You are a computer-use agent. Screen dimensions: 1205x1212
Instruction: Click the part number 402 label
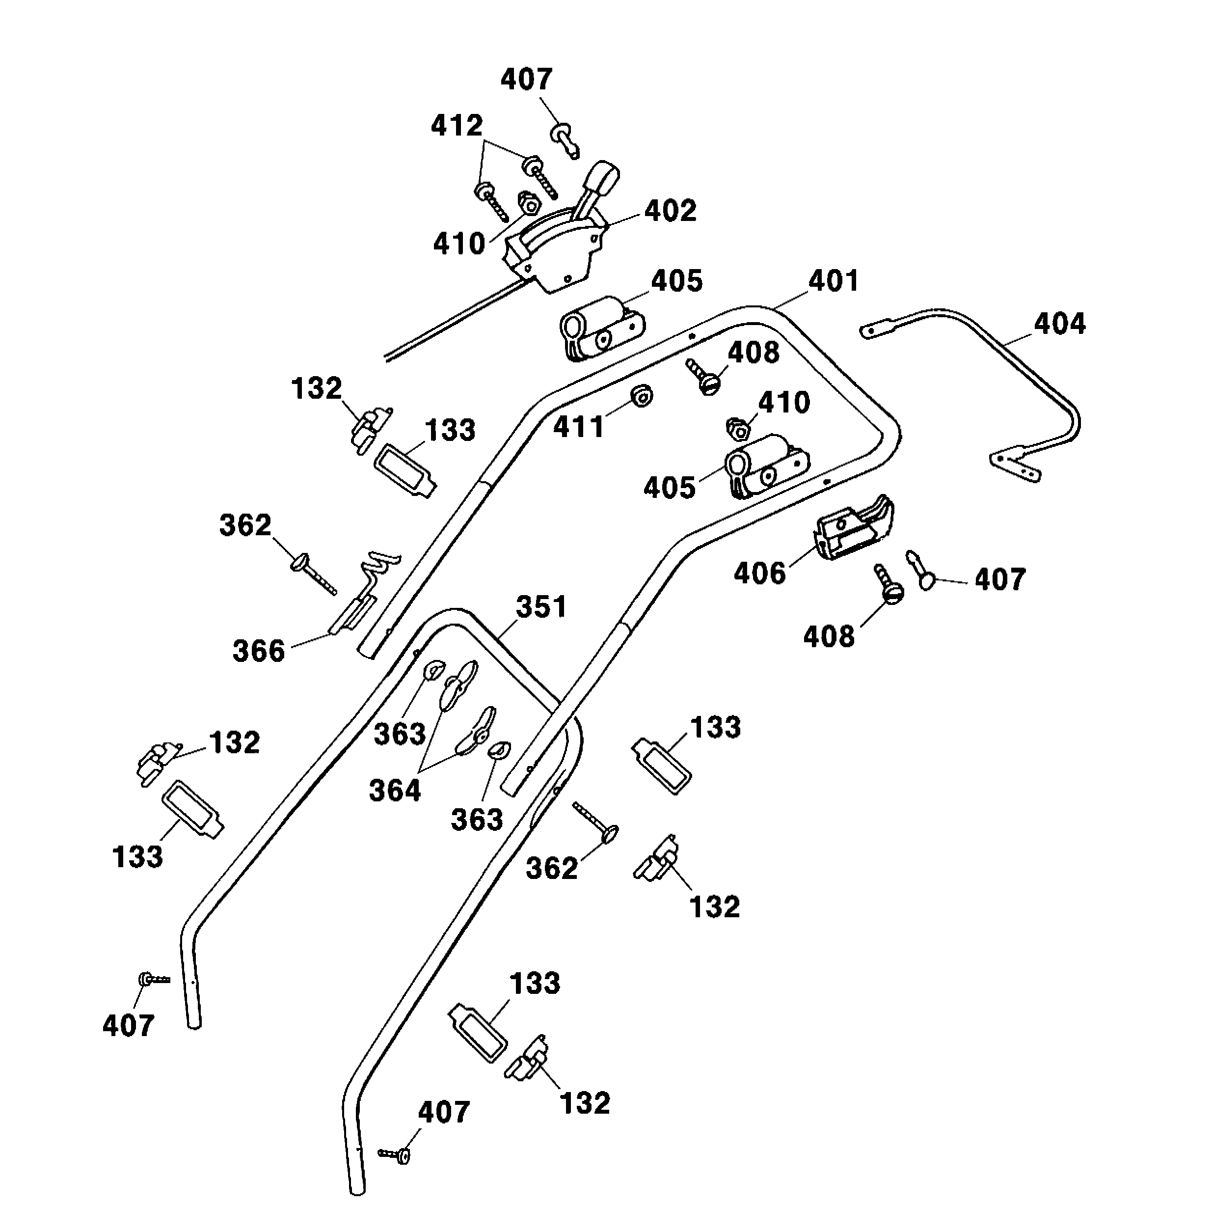670,211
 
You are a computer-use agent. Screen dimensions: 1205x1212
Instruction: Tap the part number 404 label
1059,324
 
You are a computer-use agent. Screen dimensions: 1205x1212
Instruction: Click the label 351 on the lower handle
541,607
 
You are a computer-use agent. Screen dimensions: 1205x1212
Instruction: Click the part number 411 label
578,427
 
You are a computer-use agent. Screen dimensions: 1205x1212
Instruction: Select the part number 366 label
259,651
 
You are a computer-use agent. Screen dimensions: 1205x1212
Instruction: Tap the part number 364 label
395,790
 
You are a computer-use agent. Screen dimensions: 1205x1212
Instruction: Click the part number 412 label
456,126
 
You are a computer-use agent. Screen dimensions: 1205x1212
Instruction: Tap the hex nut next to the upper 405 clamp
738,429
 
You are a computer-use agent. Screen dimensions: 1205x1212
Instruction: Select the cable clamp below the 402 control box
600,329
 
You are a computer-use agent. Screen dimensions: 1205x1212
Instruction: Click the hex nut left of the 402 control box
528,203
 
